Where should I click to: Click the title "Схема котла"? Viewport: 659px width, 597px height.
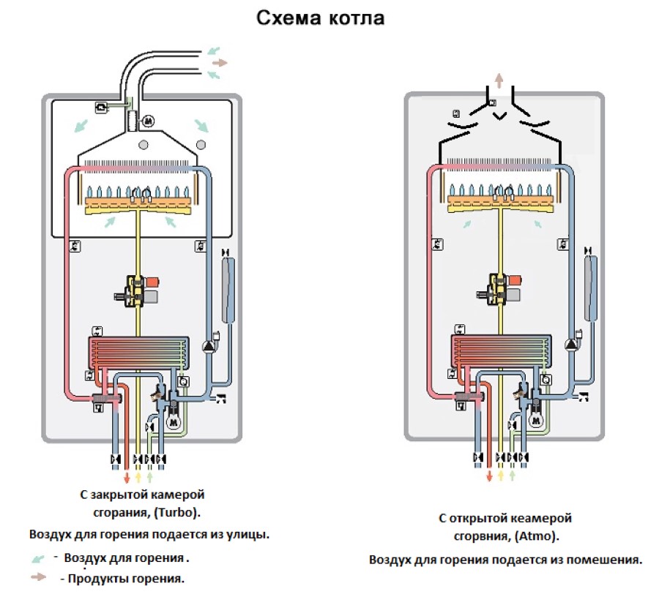(320, 18)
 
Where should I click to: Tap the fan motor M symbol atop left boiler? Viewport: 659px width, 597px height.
(147, 121)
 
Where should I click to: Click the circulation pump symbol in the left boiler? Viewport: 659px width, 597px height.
(209, 346)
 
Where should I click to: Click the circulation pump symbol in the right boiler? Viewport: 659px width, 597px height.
(571, 345)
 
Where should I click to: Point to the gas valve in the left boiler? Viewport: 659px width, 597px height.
(137, 290)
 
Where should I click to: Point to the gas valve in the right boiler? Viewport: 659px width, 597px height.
(499, 288)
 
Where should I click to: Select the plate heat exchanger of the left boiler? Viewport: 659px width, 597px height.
(138, 352)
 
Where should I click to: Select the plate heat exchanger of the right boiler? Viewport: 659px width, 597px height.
(502, 350)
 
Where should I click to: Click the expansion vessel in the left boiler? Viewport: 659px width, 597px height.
(228, 290)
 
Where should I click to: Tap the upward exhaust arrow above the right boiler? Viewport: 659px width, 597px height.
(499, 80)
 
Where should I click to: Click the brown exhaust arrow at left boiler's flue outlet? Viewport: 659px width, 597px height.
(220, 63)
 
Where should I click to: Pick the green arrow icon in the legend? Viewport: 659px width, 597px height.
(38, 559)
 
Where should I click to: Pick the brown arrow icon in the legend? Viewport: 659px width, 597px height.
(38, 577)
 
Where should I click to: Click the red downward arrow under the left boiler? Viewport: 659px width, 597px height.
(127, 477)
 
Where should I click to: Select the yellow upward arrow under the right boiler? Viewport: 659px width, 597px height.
(501, 476)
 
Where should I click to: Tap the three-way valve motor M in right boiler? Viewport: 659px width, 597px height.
(535, 420)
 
